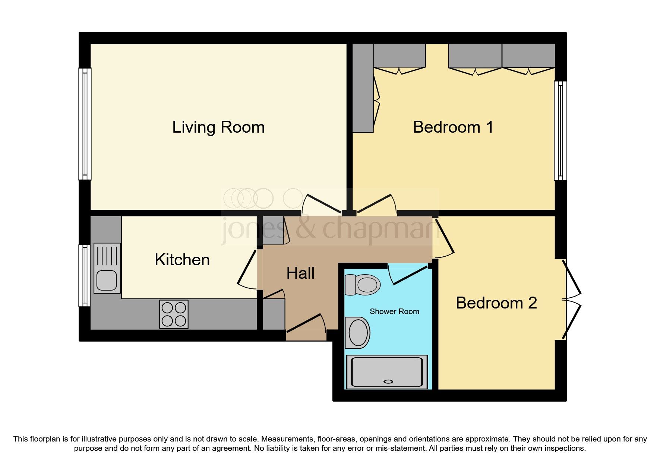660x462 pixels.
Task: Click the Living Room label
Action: (x=218, y=127)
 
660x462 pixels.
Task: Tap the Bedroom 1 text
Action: (x=453, y=127)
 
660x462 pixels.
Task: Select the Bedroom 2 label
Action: (x=496, y=303)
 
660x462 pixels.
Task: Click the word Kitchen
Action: (x=182, y=260)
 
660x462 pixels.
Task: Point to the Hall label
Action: (x=300, y=273)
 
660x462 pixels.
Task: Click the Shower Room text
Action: (x=394, y=311)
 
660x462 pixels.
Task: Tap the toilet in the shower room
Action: (x=363, y=285)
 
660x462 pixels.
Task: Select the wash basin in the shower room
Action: (x=358, y=332)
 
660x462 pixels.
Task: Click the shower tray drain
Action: (x=388, y=382)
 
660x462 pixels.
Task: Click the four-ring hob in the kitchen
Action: (x=174, y=314)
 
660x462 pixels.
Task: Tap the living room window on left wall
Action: (x=85, y=124)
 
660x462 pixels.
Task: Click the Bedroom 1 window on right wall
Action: (x=560, y=130)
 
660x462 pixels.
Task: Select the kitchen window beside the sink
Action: (x=85, y=275)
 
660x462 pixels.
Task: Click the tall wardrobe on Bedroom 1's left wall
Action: (x=363, y=88)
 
